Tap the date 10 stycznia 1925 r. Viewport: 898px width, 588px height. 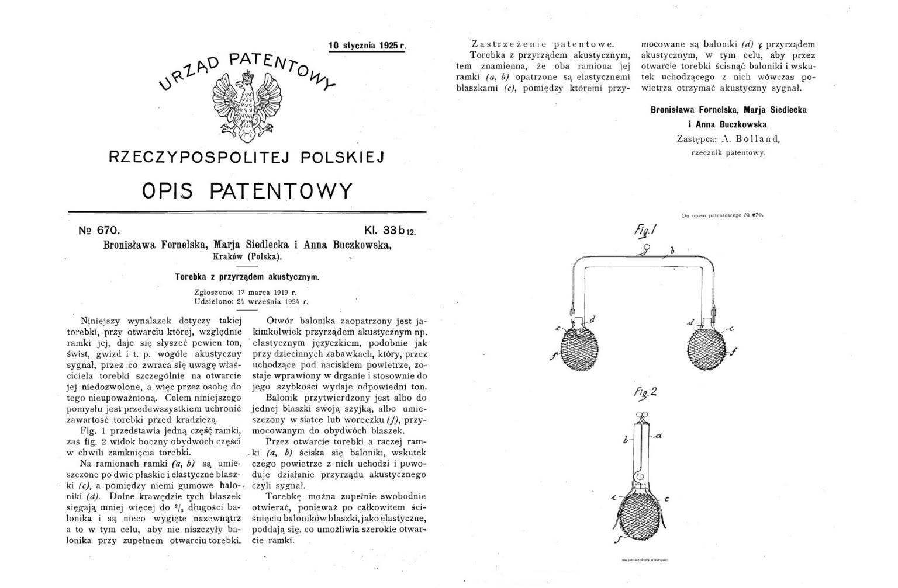(x=367, y=46)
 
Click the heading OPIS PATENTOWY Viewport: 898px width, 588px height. (x=247, y=191)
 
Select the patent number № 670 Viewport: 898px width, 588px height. (x=99, y=231)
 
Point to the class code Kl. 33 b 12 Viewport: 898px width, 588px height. (x=389, y=231)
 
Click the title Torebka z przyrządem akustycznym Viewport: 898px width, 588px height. (x=247, y=277)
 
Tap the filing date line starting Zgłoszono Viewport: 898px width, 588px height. (x=246, y=292)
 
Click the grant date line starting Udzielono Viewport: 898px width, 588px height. (x=251, y=302)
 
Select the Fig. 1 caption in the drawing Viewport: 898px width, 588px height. (x=645, y=230)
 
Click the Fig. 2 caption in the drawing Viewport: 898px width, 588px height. (x=645, y=392)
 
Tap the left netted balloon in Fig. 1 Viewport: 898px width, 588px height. (x=579, y=349)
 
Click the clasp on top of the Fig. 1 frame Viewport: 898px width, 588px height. (x=644, y=249)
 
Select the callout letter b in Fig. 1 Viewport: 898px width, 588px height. (x=672, y=251)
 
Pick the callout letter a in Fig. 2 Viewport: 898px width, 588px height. (x=658, y=436)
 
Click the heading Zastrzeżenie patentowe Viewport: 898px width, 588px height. (x=543, y=44)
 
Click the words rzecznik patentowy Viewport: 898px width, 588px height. (x=728, y=153)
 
